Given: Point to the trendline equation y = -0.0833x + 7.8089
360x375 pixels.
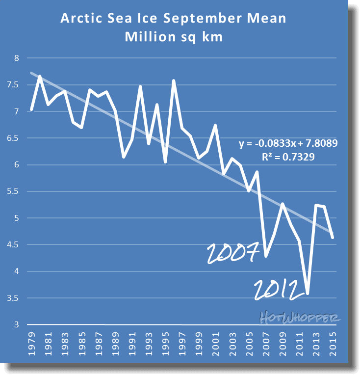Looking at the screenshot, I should pyautogui.click(x=288, y=144).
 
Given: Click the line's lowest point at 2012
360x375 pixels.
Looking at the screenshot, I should pyautogui.click(x=308, y=294).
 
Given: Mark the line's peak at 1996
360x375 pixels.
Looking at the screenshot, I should pyautogui.click(x=174, y=80).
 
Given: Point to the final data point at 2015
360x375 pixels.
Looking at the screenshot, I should pyautogui.click(x=333, y=238).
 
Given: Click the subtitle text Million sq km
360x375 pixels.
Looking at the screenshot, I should pyautogui.click(x=174, y=37).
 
